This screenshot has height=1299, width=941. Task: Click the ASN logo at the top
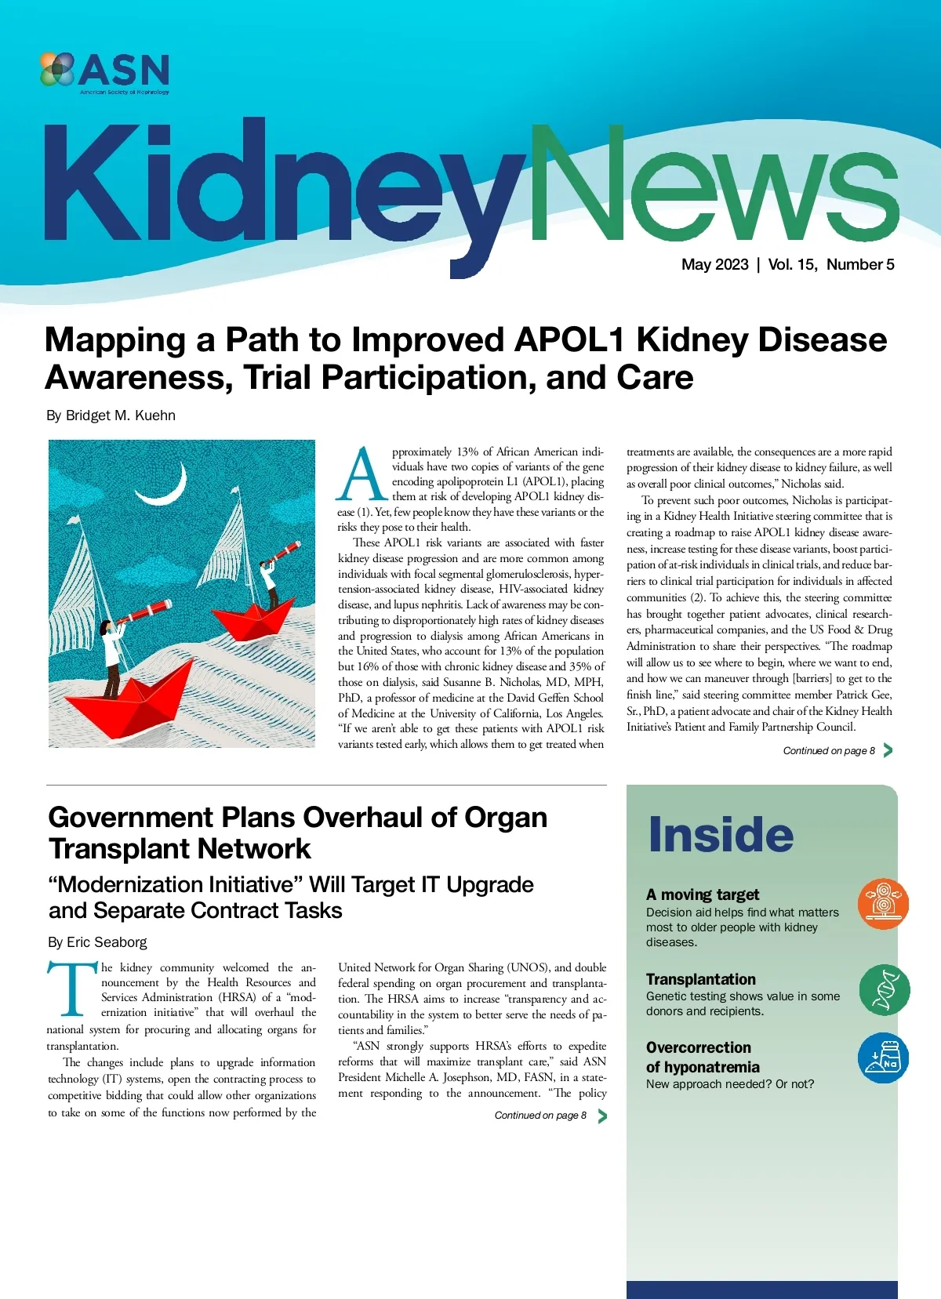pos(104,71)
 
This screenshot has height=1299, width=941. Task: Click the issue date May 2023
pos(714,264)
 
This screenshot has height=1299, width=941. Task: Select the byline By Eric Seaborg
pos(97,942)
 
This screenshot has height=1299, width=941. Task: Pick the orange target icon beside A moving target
pos(883,904)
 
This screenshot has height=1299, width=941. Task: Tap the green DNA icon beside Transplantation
pos(884,989)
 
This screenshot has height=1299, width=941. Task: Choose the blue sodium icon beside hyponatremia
pos(883,1058)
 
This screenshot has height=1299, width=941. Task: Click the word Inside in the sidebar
pos(721,835)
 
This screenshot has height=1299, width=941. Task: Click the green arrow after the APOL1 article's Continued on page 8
pos(888,750)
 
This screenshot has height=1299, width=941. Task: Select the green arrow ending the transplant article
pos(601,1116)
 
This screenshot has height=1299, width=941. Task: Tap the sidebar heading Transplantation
pos(700,979)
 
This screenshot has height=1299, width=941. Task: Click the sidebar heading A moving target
pos(703,894)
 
